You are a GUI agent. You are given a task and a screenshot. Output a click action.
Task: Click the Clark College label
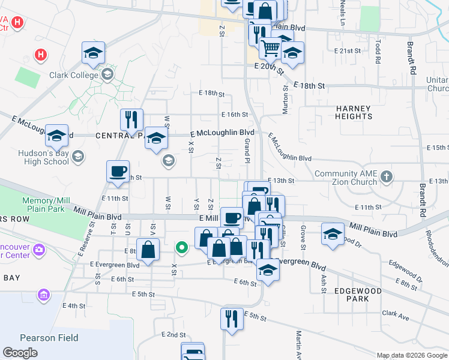[x=74, y=75]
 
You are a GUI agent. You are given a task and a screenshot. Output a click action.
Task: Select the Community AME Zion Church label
[x=346, y=178]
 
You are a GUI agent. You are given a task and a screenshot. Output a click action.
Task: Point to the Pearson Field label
[x=49, y=338]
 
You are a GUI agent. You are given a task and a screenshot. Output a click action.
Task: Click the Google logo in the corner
[x=20, y=353]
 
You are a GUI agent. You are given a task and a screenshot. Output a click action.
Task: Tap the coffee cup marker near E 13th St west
[x=118, y=170]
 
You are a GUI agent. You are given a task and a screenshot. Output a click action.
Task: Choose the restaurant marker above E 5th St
[x=231, y=318]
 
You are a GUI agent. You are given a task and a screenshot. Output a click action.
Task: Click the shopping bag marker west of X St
[x=148, y=249]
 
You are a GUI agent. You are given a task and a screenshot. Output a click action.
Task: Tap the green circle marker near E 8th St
[x=181, y=247]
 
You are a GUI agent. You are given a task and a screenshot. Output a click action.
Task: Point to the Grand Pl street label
[x=247, y=150]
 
